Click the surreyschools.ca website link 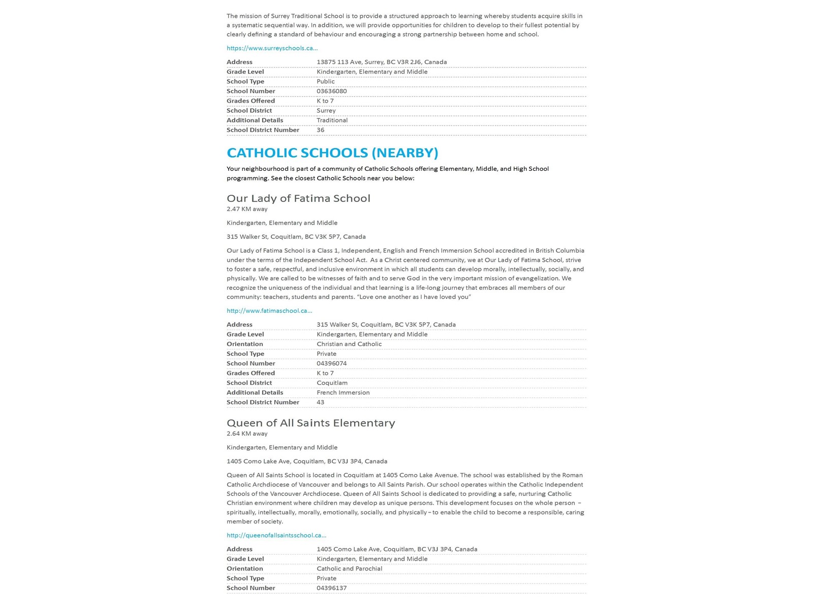pyautogui.click(x=272, y=48)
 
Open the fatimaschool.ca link pyautogui.click(x=269, y=311)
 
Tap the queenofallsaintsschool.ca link pyautogui.click(x=276, y=535)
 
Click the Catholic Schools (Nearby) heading pyautogui.click(x=332, y=152)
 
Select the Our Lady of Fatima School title pyautogui.click(x=298, y=198)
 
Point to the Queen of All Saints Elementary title pyautogui.click(x=310, y=423)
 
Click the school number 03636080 pyautogui.click(x=331, y=91)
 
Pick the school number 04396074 pyautogui.click(x=331, y=363)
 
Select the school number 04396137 pyautogui.click(x=331, y=588)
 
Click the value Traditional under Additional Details pyautogui.click(x=332, y=120)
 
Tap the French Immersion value pyautogui.click(x=343, y=392)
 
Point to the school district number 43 pyautogui.click(x=320, y=402)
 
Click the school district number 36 pyautogui.click(x=320, y=130)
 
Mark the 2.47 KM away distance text pyautogui.click(x=247, y=209)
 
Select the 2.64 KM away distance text pyautogui.click(x=247, y=434)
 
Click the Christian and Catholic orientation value pyautogui.click(x=349, y=344)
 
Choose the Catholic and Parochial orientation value pyautogui.click(x=349, y=569)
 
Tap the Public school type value pyautogui.click(x=325, y=81)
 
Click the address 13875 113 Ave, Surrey pyautogui.click(x=382, y=62)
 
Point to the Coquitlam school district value pyautogui.click(x=332, y=383)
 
